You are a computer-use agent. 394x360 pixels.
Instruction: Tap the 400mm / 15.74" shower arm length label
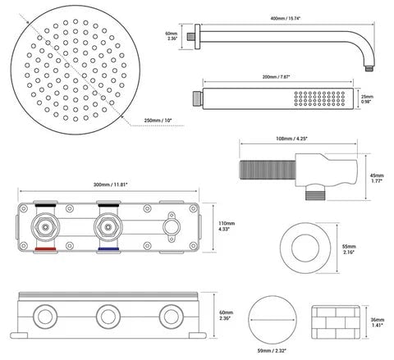[286, 18]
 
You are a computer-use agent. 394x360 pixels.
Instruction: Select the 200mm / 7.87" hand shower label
[276, 77]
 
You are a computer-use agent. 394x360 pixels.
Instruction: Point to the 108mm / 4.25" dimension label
[291, 139]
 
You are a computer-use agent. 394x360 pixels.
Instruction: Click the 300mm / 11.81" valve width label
[111, 185]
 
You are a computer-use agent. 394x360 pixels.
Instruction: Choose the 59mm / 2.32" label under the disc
[273, 350]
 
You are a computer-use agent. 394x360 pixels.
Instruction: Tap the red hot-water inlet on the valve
[45, 249]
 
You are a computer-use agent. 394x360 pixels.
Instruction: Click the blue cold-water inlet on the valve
[108, 249]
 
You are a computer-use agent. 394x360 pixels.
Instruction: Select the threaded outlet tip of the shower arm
[369, 68]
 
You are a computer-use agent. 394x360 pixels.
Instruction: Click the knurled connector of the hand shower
[197, 99]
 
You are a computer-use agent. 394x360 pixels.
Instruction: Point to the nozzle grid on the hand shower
[319, 98]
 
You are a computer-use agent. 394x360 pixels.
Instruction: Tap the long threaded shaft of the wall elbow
[268, 170]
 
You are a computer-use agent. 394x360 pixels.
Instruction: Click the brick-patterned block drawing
[336, 322]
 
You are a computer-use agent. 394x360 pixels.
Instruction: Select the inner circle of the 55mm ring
[305, 248]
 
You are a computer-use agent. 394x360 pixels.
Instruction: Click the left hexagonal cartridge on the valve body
[45, 227]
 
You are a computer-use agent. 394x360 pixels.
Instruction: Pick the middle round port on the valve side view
[108, 317]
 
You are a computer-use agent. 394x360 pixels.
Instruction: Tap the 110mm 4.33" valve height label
[227, 226]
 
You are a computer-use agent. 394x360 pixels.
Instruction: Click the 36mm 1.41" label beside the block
[378, 322]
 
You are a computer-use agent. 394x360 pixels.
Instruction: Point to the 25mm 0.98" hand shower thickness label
[367, 99]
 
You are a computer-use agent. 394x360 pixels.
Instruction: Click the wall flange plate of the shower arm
[197, 37]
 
